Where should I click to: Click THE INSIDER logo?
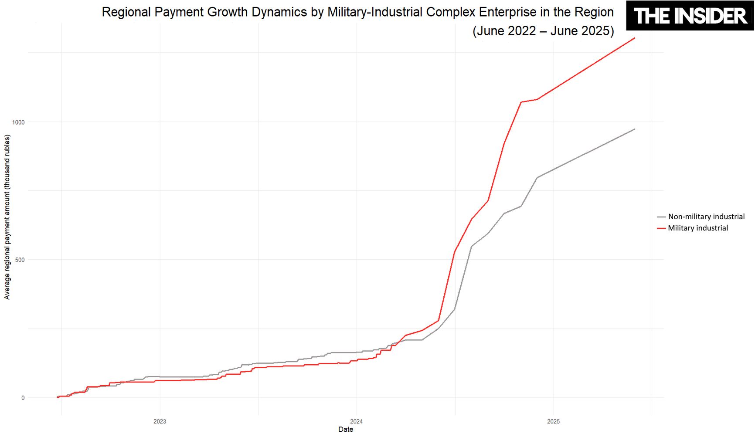(x=690, y=16)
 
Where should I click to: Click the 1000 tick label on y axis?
(x=18, y=122)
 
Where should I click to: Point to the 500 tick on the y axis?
(x=20, y=260)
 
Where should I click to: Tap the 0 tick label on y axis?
(x=23, y=398)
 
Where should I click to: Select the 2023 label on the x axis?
(x=160, y=421)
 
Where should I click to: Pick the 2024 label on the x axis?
(x=356, y=421)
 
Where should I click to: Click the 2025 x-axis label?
(x=553, y=421)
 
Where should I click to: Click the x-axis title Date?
(x=346, y=430)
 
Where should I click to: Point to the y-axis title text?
(x=7, y=217)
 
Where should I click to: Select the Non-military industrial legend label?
(x=706, y=217)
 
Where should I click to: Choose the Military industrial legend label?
(x=698, y=228)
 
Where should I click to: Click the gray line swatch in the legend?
(x=661, y=217)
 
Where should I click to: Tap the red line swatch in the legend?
(x=661, y=228)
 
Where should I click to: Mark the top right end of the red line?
(x=634, y=38)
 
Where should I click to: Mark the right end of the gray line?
(x=634, y=129)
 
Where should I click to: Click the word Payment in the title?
(x=179, y=12)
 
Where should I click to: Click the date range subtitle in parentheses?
(x=543, y=31)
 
